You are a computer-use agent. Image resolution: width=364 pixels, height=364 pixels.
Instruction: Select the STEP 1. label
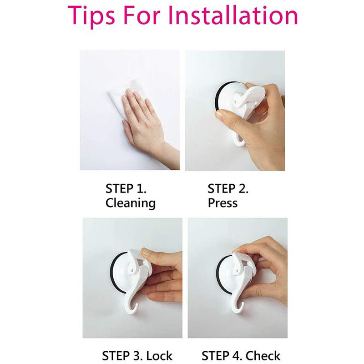pyautogui.click(x=126, y=188)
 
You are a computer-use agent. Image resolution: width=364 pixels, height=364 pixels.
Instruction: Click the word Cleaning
pyautogui.click(x=131, y=203)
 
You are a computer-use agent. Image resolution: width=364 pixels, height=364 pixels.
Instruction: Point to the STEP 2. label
pyautogui.click(x=228, y=188)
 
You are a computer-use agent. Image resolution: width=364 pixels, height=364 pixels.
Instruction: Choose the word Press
pyautogui.click(x=222, y=203)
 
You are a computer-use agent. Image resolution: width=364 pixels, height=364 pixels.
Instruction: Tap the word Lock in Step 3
pyautogui.click(x=159, y=356)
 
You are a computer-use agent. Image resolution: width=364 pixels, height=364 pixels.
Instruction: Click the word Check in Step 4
pyautogui.click(x=263, y=356)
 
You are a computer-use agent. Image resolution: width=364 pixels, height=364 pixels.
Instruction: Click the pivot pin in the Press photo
pyautogui.click(x=235, y=101)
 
